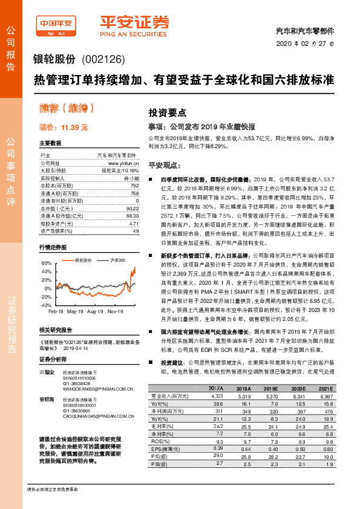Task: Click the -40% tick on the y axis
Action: point(47,306)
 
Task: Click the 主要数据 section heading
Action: point(50,143)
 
